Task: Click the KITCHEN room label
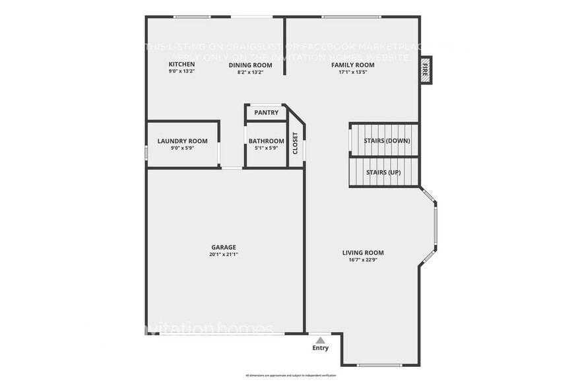pos(182,65)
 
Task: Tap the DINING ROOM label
pos(250,65)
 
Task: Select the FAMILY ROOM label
pos(352,65)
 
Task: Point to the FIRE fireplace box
pos(426,69)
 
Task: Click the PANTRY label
pos(266,113)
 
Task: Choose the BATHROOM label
pos(266,141)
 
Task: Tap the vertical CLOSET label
pos(295,144)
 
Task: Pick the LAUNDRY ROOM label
pos(182,141)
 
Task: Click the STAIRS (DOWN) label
pos(387,141)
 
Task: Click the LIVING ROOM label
pos(363,253)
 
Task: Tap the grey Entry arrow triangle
pos(320,340)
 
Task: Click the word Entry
pos(320,348)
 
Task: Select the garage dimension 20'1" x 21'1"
pos(224,254)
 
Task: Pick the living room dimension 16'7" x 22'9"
pos(363,260)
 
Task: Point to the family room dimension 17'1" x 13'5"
pos(352,72)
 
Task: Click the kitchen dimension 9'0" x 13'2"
pos(182,72)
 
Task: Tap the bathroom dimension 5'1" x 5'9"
pos(266,148)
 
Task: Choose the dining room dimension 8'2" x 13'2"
pos(250,72)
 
